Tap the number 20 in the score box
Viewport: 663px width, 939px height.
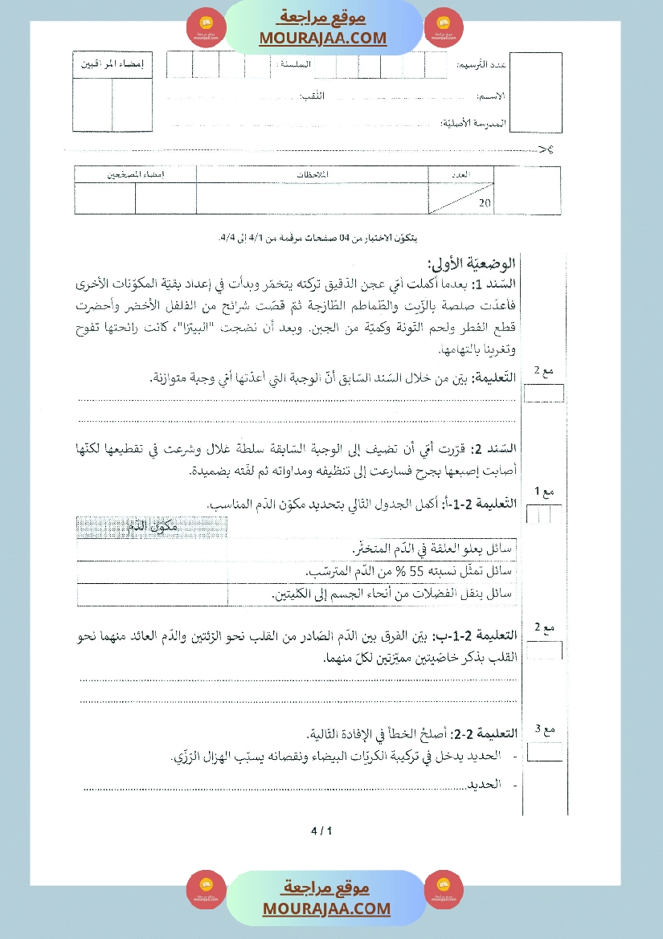point(484,203)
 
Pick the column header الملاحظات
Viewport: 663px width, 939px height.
point(314,174)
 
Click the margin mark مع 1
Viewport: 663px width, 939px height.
point(544,491)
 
